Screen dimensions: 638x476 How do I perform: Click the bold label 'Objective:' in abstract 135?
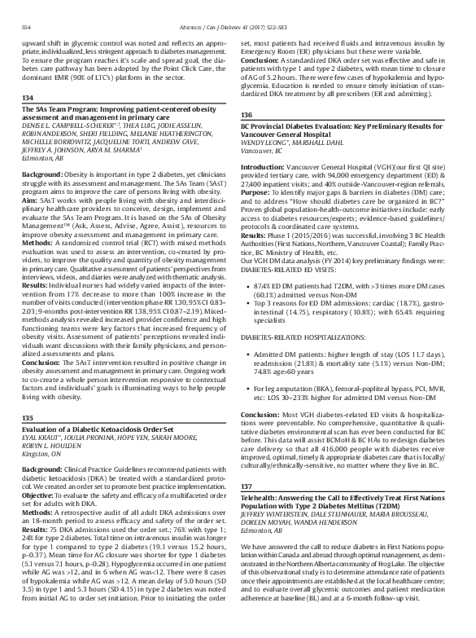click(x=38, y=495)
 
